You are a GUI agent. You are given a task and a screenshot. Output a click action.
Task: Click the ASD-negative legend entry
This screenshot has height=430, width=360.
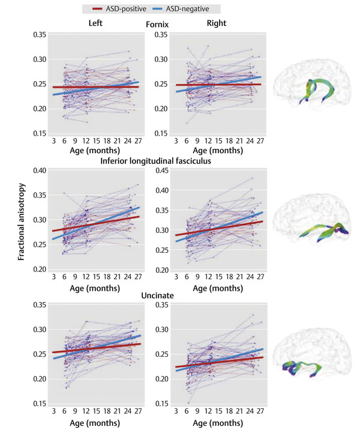[x=190, y=9]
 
